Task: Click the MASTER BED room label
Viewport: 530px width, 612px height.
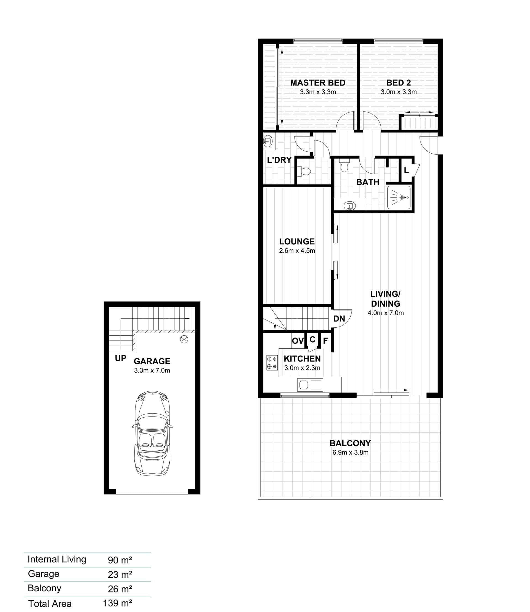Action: pos(318,83)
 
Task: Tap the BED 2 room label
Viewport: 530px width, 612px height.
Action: pos(398,83)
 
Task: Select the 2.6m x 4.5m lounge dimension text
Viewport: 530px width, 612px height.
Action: pos(297,251)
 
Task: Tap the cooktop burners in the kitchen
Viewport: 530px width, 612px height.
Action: pos(272,363)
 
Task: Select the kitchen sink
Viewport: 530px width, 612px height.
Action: pos(310,385)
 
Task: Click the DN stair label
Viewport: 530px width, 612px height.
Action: pos(339,319)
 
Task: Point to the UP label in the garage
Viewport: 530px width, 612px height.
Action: pos(121,359)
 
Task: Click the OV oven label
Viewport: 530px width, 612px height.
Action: pos(298,341)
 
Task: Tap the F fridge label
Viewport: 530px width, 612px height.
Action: pos(325,341)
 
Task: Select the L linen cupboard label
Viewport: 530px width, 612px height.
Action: pos(406,170)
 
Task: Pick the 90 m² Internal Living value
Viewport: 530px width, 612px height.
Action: pos(120,560)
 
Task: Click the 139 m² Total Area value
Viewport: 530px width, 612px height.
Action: pos(117,603)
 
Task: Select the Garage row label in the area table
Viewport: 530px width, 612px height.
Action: pos(44,574)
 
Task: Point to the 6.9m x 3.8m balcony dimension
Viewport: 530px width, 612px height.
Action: pos(351,452)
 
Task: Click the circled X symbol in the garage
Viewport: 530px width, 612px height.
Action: pos(184,340)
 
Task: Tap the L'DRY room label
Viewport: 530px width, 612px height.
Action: pos(279,160)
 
